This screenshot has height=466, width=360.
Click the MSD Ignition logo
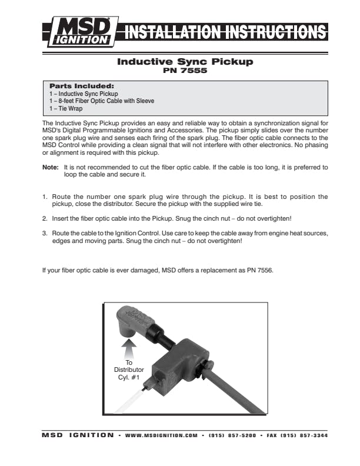pos(80,31)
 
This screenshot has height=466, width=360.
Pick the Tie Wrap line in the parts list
pos(65,108)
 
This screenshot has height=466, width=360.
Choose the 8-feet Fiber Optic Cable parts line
pos(101,101)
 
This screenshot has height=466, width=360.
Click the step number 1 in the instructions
pos(44,197)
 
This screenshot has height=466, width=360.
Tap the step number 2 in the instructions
pos(44,218)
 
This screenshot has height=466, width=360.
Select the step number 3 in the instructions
pos(44,234)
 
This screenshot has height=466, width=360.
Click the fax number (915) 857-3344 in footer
pos(297,436)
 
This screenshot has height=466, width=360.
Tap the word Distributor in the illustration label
pos(129,370)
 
